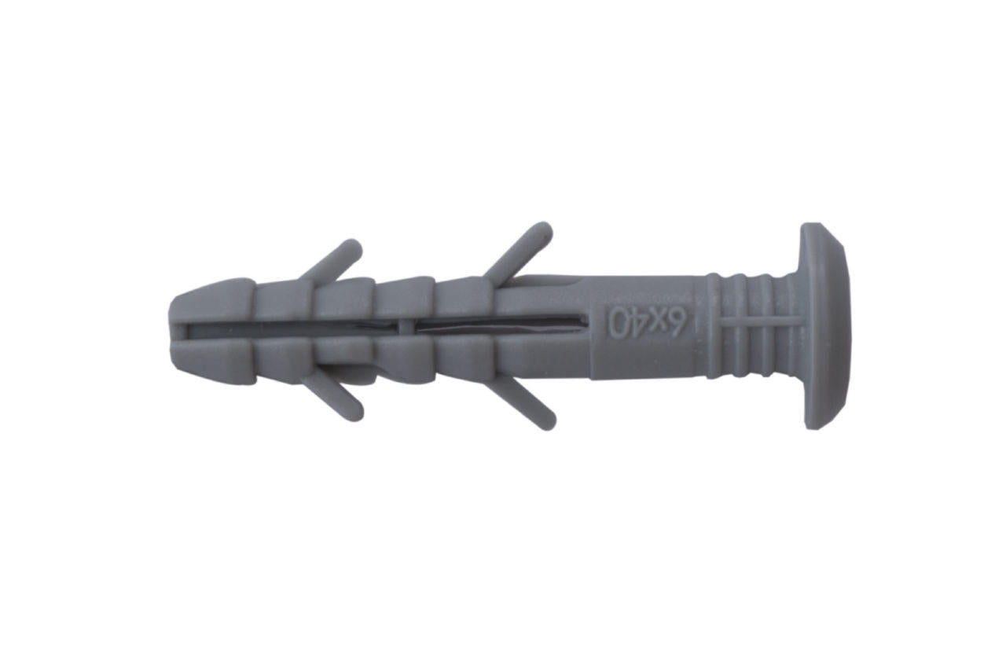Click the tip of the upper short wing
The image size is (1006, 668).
(354, 247)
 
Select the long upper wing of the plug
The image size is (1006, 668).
(522, 250)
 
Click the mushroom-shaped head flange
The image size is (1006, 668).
(825, 326)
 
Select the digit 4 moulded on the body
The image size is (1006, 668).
(637, 323)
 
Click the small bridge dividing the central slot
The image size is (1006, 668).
(403, 325)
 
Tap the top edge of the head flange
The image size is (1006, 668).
(821, 228)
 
